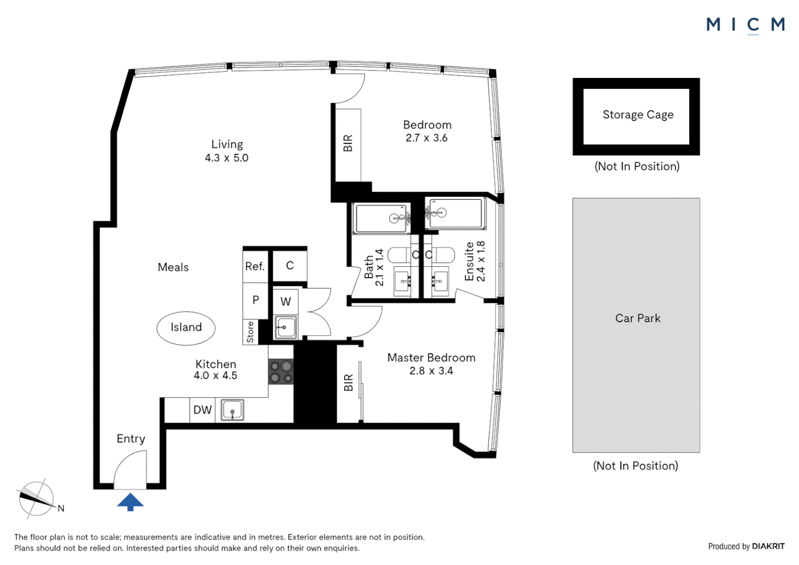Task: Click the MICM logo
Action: point(745,25)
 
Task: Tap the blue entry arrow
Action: point(130,502)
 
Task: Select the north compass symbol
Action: point(37,499)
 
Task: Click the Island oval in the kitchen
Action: point(186,328)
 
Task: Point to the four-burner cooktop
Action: point(281,372)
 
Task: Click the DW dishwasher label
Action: point(202,410)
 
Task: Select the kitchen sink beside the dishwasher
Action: point(232,410)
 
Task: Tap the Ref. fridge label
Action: point(255,267)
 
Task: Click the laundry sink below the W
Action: point(285,328)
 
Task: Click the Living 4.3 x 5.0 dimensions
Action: point(226,158)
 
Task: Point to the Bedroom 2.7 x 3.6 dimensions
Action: point(427,138)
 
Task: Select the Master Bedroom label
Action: point(431,358)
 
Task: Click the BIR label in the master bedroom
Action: point(349,383)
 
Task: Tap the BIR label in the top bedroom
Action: point(348,143)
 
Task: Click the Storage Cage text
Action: point(638,115)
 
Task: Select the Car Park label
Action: point(638,319)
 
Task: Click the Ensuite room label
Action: point(470,262)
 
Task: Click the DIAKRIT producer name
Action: point(768,546)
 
